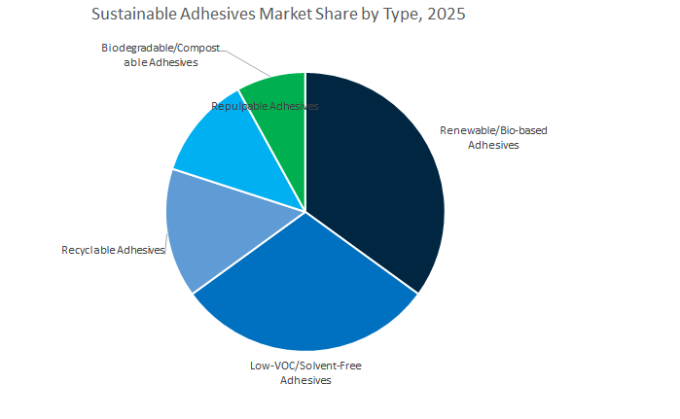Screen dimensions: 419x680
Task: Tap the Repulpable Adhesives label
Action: (265, 105)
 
